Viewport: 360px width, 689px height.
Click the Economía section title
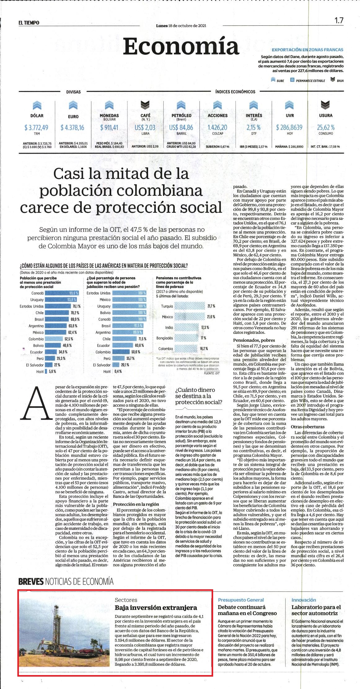(181, 47)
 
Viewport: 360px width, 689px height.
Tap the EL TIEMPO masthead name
(29, 22)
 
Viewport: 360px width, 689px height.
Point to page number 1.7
(339, 20)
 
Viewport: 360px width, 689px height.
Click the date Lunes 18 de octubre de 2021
(181, 26)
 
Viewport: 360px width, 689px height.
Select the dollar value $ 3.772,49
(37, 127)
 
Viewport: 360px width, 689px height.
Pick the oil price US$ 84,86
(181, 127)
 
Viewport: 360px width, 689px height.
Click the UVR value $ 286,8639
(289, 127)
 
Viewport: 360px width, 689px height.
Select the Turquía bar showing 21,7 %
(189, 306)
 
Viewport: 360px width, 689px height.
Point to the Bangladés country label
(165, 338)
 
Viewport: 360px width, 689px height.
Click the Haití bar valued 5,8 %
(46, 371)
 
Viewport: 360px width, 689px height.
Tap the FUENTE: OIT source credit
(212, 373)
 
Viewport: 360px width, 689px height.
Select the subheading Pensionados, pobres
(254, 340)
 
